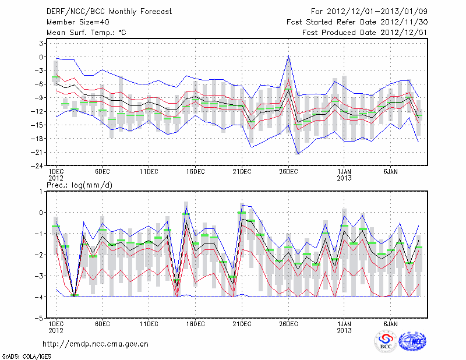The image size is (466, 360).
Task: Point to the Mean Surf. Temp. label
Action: pos(86,33)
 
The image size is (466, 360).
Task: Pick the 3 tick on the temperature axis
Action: pos(42,43)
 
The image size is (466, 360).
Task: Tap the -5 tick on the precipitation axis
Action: pos(40,319)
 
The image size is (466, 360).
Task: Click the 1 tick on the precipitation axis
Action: pos(42,191)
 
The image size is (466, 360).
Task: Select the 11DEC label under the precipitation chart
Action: pos(149,323)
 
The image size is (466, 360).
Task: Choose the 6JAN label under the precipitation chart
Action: pos(390,323)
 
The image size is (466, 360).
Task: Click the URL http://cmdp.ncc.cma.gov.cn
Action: pos(96,344)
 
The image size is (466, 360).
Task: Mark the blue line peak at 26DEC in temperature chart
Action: pos(288,57)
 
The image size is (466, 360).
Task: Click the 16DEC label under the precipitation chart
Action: pos(195,323)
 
